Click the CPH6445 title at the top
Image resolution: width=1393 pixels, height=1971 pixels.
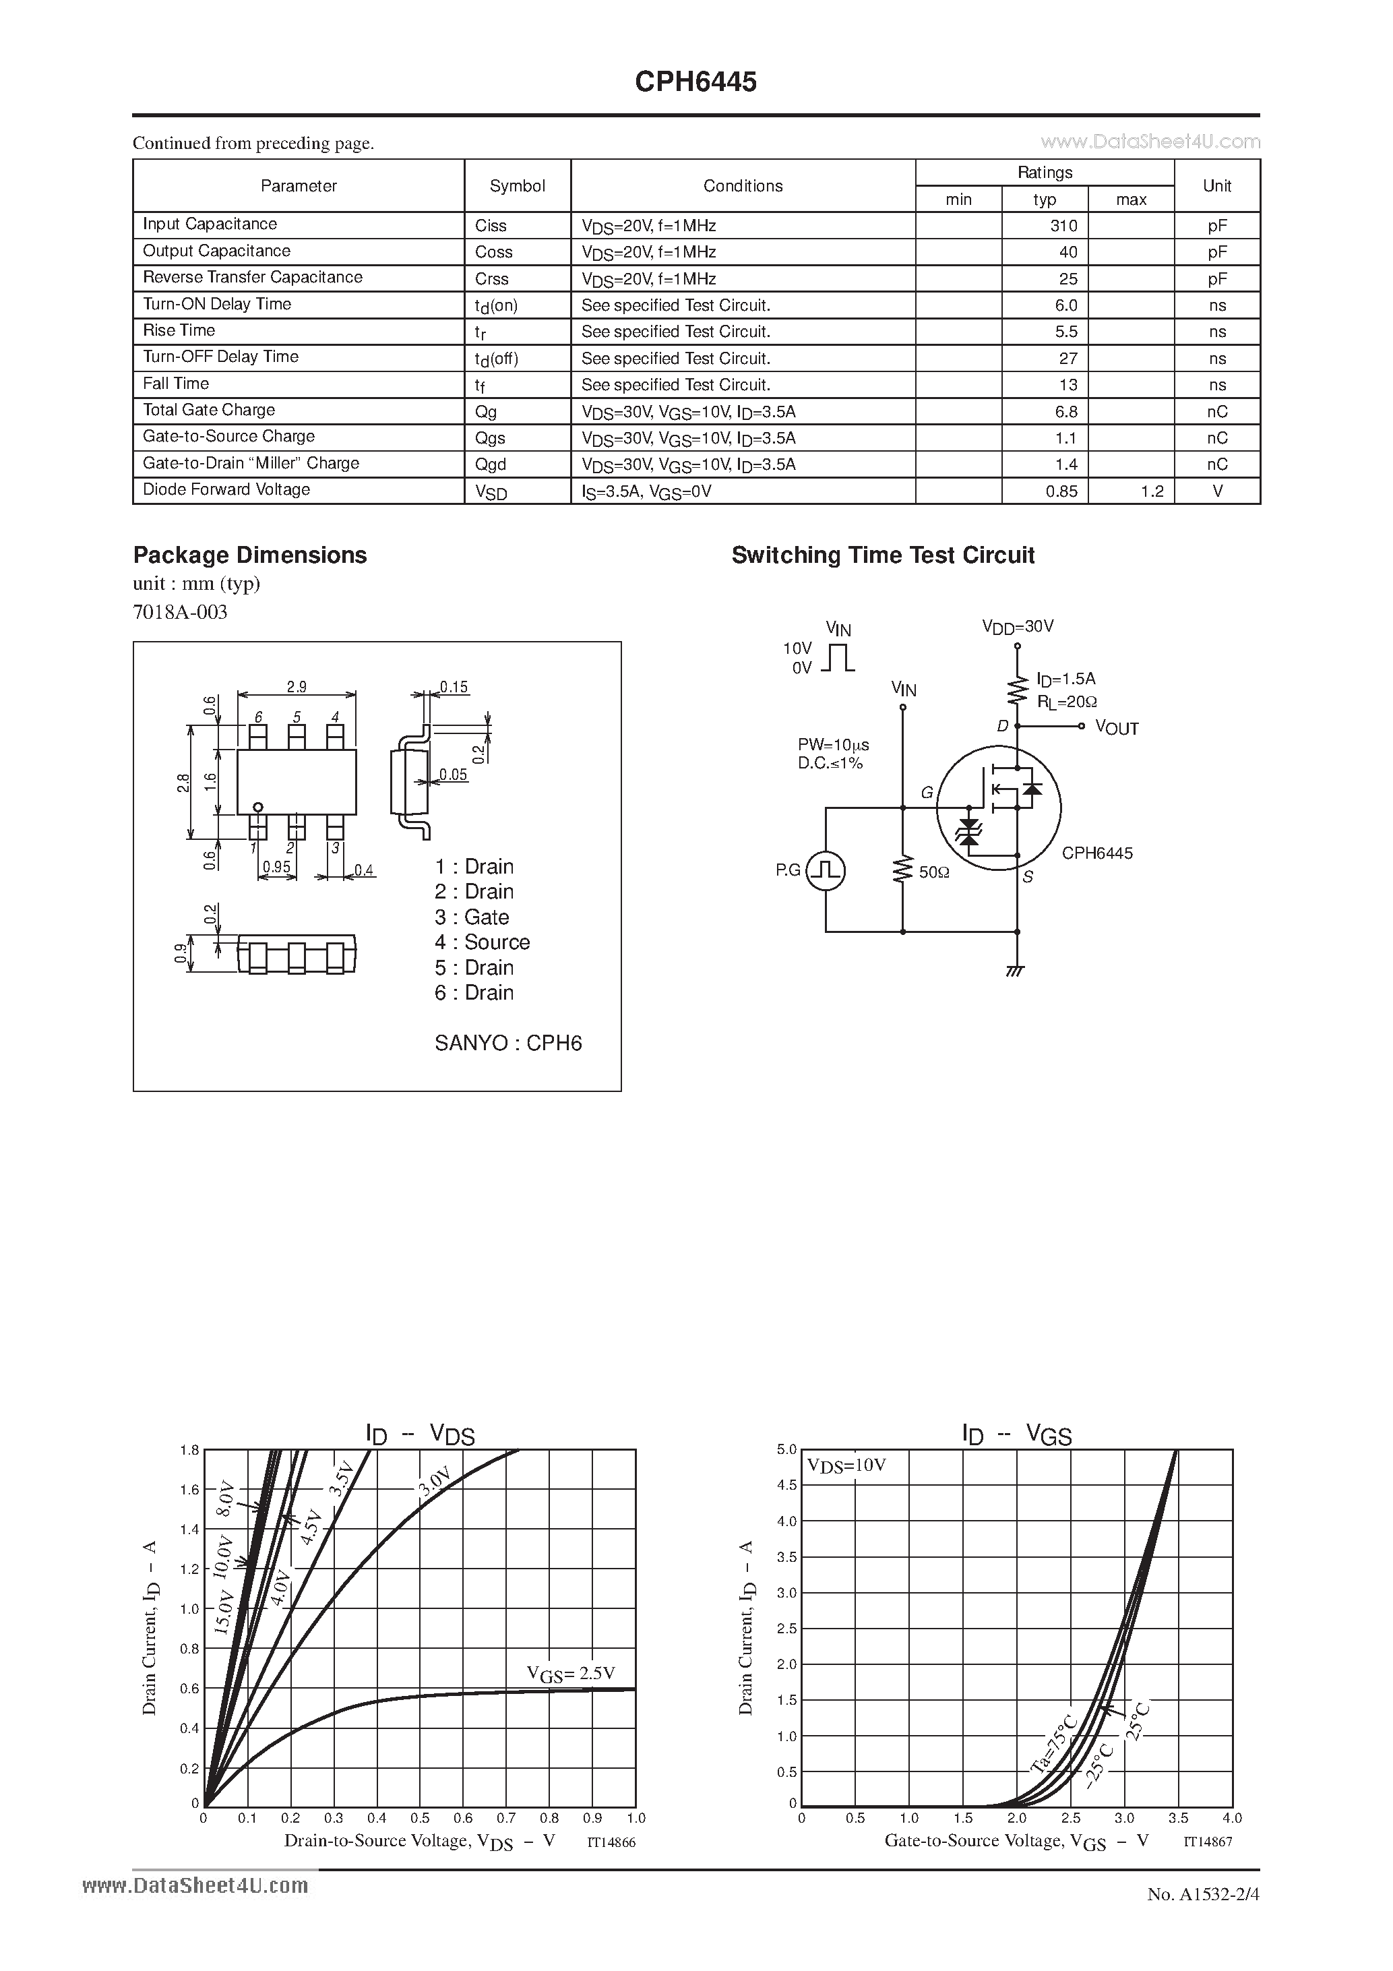coord(695,82)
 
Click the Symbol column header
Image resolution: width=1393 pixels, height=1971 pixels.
coord(517,186)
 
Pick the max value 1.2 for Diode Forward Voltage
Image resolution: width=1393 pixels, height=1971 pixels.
coord(1152,491)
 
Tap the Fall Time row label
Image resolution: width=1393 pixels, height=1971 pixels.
coord(176,384)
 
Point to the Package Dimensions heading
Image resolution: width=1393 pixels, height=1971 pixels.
coord(250,555)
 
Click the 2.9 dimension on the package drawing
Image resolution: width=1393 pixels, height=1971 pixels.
coord(296,687)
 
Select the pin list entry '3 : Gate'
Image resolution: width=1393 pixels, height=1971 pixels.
coord(471,917)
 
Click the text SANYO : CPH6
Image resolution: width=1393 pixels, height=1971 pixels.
coord(508,1043)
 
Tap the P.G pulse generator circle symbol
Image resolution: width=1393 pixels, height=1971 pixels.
coord(826,870)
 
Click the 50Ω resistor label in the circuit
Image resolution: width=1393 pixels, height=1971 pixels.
coord(934,872)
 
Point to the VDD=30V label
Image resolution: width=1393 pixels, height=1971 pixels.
coord(1017,627)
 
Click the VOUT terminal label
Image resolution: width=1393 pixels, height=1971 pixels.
coord(1117,728)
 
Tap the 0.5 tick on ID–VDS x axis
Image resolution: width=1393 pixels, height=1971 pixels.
coord(420,1817)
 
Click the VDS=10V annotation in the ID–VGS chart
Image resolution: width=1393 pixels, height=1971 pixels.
coord(846,1465)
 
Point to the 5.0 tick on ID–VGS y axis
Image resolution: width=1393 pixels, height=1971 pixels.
coord(786,1449)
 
